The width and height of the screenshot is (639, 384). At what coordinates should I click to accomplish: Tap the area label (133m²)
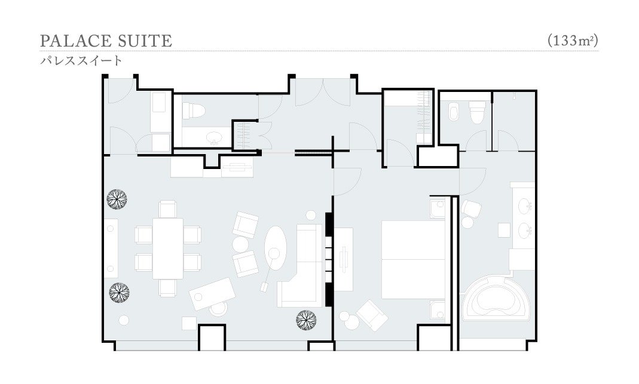click(x=573, y=41)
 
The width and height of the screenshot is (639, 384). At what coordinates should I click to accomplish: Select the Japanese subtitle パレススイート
click(x=81, y=61)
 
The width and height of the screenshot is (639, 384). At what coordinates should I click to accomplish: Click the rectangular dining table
click(x=168, y=248)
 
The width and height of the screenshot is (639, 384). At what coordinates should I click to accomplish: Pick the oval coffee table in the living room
click(x=276, y=248)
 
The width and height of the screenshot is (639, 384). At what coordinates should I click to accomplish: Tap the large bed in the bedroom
click(x=413, y=260)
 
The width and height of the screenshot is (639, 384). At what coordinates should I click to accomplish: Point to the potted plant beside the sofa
click(x=307, y=320)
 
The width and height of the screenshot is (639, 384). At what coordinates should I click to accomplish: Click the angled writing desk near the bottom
click(x=212, y=294)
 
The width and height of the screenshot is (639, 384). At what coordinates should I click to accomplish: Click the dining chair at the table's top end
click(x=168, y=209)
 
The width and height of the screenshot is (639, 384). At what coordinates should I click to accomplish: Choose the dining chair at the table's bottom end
click(x=168, y=288)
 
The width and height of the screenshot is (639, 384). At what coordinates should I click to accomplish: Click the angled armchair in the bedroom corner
click(x=372, y=315)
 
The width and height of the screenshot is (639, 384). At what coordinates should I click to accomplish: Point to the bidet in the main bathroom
click(x=454, y=112)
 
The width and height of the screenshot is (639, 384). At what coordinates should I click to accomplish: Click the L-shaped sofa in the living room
click(x=302, y=266)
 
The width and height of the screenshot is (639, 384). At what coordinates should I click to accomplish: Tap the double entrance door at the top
click(x=323, y=93)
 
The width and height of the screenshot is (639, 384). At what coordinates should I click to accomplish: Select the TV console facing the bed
click(x=344, y=259)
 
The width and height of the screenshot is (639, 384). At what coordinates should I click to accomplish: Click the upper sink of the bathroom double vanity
click(x=525, y=206)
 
